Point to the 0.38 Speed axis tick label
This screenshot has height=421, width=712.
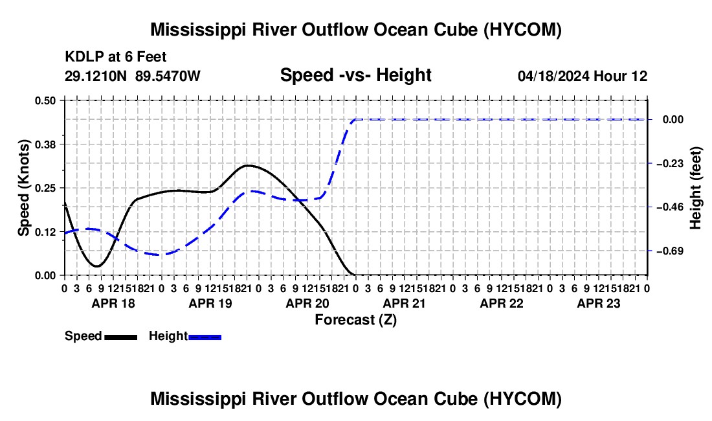tap(45, 144)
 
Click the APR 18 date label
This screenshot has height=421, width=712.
tap(113, 303)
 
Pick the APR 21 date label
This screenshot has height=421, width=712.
tap(404, 303)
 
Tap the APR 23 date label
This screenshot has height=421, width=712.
tap(599, 303)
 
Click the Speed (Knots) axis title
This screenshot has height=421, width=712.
tap(23, 188)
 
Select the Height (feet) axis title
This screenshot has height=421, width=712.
tap(695, 188)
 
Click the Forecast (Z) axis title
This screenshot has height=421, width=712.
tap(356, 320)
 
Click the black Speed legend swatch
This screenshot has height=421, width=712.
tap(121, 337)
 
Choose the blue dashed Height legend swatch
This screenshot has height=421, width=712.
tap(205, 337)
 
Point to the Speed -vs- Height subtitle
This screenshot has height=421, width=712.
tap(356, 75)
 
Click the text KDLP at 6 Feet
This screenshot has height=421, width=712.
tap(116, 57)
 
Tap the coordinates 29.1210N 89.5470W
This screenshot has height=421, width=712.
tap(133, 76)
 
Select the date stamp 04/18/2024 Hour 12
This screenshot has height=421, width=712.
tap(583, 76)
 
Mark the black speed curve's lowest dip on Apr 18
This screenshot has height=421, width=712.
tap(96, 266)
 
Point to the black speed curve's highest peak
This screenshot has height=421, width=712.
tap(247, 165)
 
